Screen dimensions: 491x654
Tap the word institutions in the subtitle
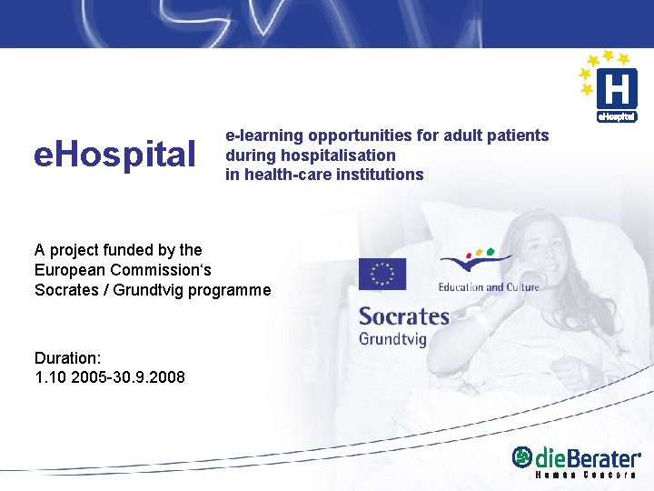click(379, 175)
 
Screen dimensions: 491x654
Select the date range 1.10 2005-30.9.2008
click(110, 376)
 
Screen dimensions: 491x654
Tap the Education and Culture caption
click(489, 287)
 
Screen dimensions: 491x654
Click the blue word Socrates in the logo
click(404, 316)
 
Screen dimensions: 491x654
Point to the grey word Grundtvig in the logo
click(393, 339)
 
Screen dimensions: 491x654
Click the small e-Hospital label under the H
click(617, 116)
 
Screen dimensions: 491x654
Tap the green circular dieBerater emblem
click(522, 458)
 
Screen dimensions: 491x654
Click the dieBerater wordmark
click(588, 458)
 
